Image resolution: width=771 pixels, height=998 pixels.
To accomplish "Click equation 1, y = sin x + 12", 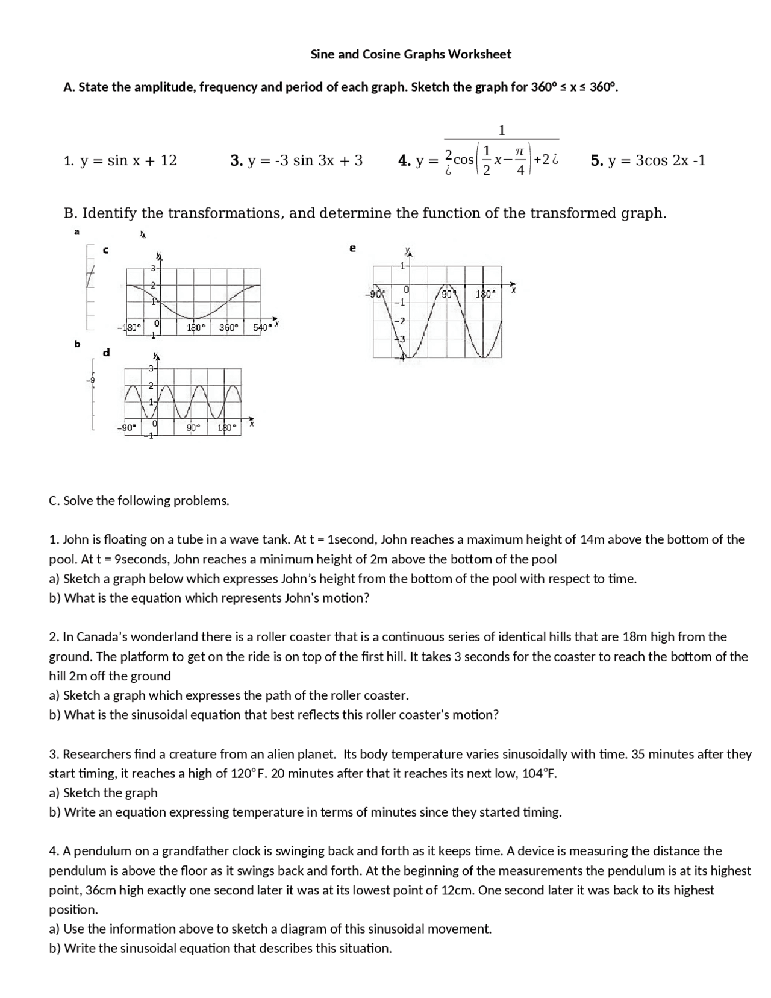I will [120, 160].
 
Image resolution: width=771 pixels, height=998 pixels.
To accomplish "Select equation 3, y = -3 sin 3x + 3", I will [296, 160].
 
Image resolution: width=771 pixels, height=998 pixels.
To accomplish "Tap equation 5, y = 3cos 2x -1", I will [648, 160].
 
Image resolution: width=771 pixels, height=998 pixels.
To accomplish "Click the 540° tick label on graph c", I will [261, 327].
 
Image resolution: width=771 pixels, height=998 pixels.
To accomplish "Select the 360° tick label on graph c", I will [228, 327].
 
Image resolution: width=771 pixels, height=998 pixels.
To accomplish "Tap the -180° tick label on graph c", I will [128, 327].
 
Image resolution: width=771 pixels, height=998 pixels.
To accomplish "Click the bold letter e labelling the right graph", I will [352, 248].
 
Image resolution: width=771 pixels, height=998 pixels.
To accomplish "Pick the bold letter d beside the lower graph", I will [107, 352].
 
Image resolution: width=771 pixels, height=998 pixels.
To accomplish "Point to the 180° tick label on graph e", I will [485, 294].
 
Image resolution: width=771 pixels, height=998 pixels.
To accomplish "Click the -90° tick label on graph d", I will [126, 427].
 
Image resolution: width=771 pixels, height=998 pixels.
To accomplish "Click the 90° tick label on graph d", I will [193, 427].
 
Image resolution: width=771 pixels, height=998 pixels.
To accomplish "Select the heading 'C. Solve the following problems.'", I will [139, 501].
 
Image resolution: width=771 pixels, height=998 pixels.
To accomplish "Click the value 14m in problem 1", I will [593, 539].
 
